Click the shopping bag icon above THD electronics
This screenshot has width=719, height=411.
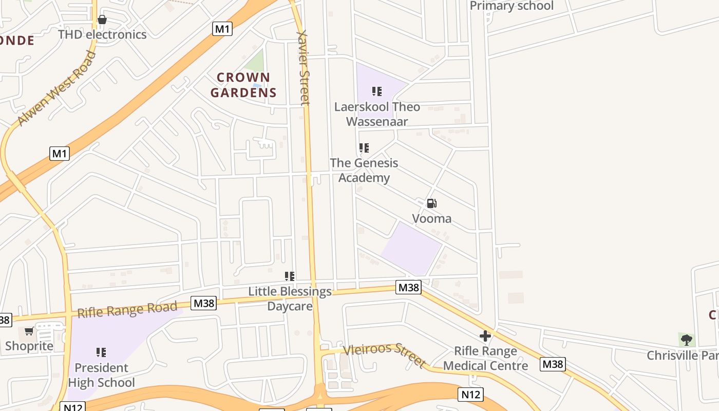pyautogui.click(x=102, y=20)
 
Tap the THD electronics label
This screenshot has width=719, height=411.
pyautogui.click(x=102, y=34)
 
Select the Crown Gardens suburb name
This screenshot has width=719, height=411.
pyautogui.click(x=243, y=85)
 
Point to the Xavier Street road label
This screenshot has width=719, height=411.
pyautogui.click(x=304, y=67)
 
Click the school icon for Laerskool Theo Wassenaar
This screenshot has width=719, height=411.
pyautogui.click(x=377, y=91)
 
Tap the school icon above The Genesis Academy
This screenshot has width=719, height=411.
pyautogui.click(x=364, y=148)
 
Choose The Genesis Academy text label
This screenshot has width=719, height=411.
pyautogui.click(x=364, y=170)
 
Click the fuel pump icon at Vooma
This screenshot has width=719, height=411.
pyautogui.click(x=432, y=203)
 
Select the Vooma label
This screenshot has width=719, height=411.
pyautogui.click(x=432, y=218)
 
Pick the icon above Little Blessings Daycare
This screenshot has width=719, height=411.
pyautogui.click(x=290, y=276)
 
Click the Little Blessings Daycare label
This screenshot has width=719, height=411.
pyautogui.click(x=290, y=298)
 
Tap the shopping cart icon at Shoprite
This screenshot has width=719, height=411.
pyautogui.click(x=29, y=331)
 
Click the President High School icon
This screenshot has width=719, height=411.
pyautogui.click(x=101, y=352)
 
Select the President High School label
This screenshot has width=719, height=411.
pyautogui.click(x=101, y=375)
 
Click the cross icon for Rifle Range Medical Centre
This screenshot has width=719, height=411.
pyautogui.click(x=485, y=336)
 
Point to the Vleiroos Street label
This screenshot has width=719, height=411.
pyautogui.click(x=385, y=355)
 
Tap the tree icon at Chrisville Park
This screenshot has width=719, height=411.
pyautogui.click(x=686, y=340)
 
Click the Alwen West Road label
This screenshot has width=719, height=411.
pyautogui.click(x=56, y=88)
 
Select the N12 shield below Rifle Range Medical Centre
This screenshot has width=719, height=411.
pyautogui.click(x=470, y=394)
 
